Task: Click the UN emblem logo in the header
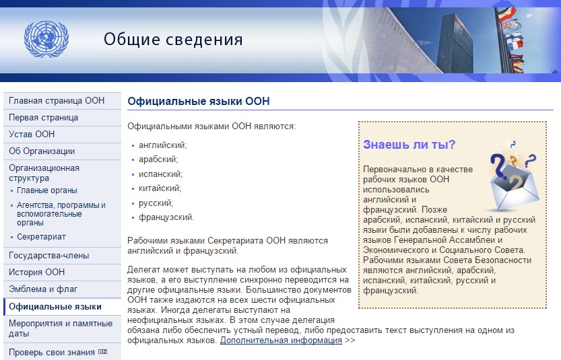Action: click(x=46, y=39)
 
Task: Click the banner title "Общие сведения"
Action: click(x=173, y=39)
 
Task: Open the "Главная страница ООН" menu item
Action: click(x=57, y=101)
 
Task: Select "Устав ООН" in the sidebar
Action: click(x=32, y=134)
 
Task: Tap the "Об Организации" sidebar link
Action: click(x=42, y=151)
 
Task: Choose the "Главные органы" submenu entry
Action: click(x=47, y=190)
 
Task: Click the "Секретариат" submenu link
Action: click(x=41, y=237)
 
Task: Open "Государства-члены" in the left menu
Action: click(x=49, y=256)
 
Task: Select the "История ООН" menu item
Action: click(x=37, y=272)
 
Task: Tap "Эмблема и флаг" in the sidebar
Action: click(x=43, y=289)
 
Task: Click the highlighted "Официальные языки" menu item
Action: click(x=55, y=307)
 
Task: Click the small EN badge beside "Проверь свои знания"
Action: click(x=102, y=352)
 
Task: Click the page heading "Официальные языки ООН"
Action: click(x=199, y=101)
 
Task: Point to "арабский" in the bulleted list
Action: click(x=158, y=159)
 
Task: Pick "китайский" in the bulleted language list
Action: click(x=160, y=188)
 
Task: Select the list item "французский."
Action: click(x=166, y=217)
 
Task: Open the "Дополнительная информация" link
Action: click(x=281, y=340)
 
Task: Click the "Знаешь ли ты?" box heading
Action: click(x=409, y=145)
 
